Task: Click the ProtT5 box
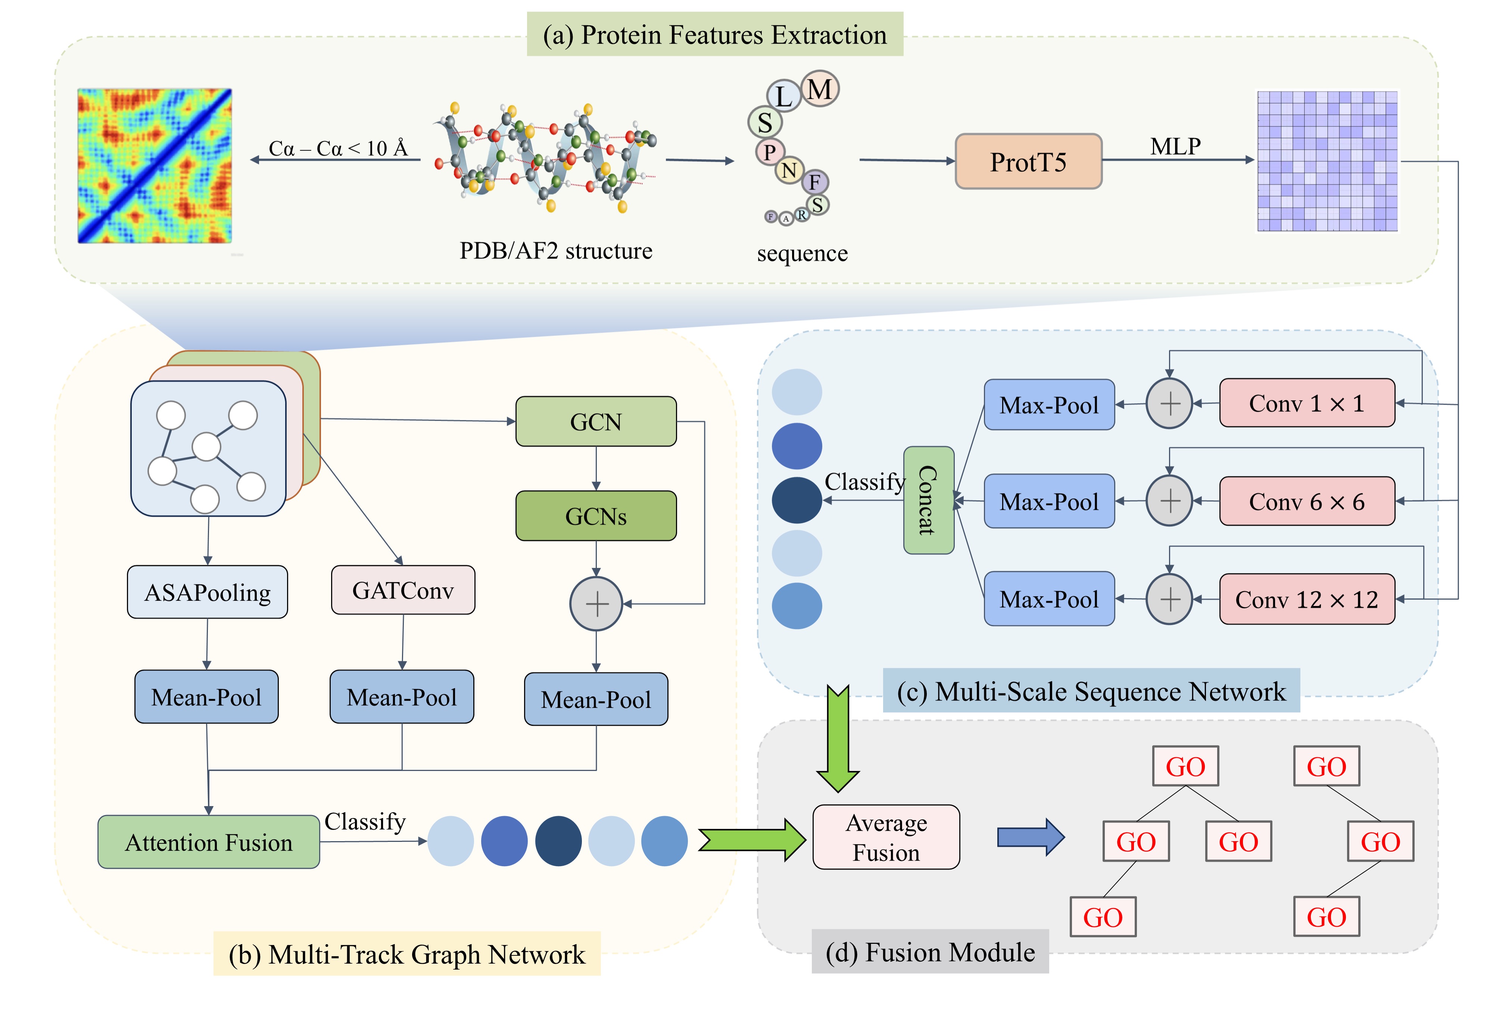coord(1028,162)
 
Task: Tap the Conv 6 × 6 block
coord(1307,502)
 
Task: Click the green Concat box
coord(928,500)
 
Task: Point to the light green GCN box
coord(596,422)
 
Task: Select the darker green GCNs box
coord(596,516)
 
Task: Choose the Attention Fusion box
coord(209,842)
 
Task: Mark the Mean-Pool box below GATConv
coord(402,697)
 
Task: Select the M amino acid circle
coord(820,89)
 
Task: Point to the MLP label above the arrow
coord(1175,146)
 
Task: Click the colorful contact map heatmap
coord(155,166)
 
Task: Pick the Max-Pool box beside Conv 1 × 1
coord(1049,405)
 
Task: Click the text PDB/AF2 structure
coord(556,251)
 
